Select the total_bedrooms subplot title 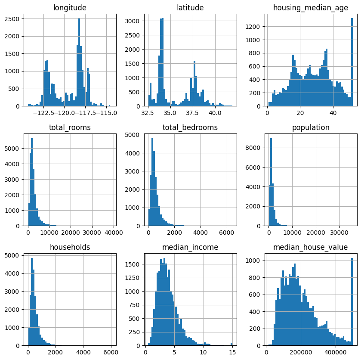tap(190, 127)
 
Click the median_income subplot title tap(190, 247)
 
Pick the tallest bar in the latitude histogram tap(162, 62)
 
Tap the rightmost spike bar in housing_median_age tap(352, 62)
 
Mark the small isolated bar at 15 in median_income tap(231, 344)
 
